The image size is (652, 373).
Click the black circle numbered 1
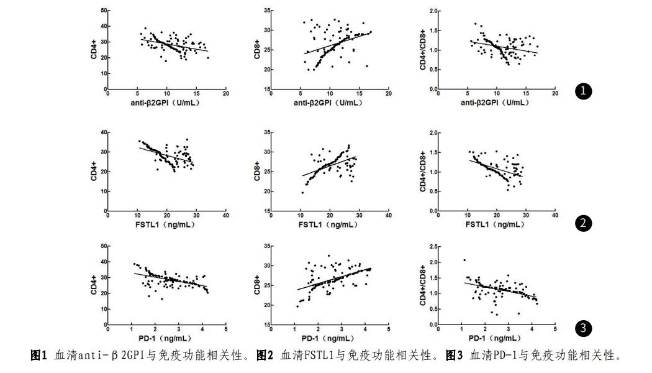pyautogui.click(x=582, y=91)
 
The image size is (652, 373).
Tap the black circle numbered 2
pyautogui.click(x=582, y=224)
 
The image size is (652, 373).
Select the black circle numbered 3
pyautogui.click(x=582, y=328)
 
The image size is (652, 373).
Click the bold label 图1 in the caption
pyautogui.click(x=39, y=356)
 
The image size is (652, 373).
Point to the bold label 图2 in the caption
pyautogui.click(x=265, y=356)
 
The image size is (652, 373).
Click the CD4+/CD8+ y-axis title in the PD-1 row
pyautogui.click(x=423, y=285)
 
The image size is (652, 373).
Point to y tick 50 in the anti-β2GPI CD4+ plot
pyautogui.click(x=102, y=11)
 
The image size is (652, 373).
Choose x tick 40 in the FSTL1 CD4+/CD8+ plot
pyautogui.click(x=555, y=216)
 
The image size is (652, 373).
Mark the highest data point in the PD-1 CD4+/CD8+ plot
pyautogui.click(x=464, y=260)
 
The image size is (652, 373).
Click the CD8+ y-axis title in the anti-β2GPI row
pyautogui.click(x=256, y=50)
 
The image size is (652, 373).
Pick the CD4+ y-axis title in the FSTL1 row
pyautogui.click(x=94, y=172)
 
